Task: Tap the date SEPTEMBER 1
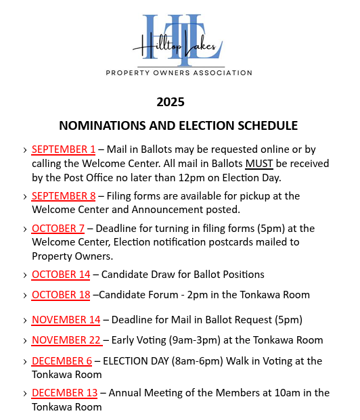[x=64, y=149]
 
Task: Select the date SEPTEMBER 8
[x=64, y=195]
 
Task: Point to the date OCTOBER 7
[x=58, y=228]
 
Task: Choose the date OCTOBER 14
[x=61, y=274]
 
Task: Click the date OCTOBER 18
[x=61, y=294]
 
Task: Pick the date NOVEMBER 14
[x=66, y=319]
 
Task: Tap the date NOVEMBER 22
[x=66, y=340]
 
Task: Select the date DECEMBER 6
[x=62, y=360]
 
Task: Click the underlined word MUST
[x=259, y=163]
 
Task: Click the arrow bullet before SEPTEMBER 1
[x=24, y=149]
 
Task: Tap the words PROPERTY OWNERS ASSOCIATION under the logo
[x=179, y=72]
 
